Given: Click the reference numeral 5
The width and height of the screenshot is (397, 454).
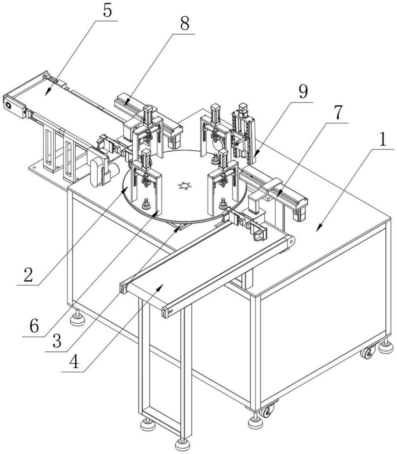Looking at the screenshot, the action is (x=107, y=11).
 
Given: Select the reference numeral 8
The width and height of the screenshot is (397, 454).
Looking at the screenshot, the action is (x=184, y=24).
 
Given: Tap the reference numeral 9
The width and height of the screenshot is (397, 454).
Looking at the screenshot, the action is (x=303, y=92).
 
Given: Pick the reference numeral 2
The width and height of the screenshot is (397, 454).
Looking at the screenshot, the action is (x=28, y=275).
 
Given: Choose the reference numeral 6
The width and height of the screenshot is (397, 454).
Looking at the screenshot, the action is (x=34, y=326).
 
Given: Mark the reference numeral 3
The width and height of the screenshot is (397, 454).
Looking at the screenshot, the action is (x=57, y=341).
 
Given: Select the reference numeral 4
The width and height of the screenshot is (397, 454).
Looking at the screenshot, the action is (x=74, y=362).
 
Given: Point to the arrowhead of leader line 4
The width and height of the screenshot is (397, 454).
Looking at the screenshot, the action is (x=160, y=287).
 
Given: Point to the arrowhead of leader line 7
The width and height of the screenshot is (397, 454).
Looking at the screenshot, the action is (x=279, y=194).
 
